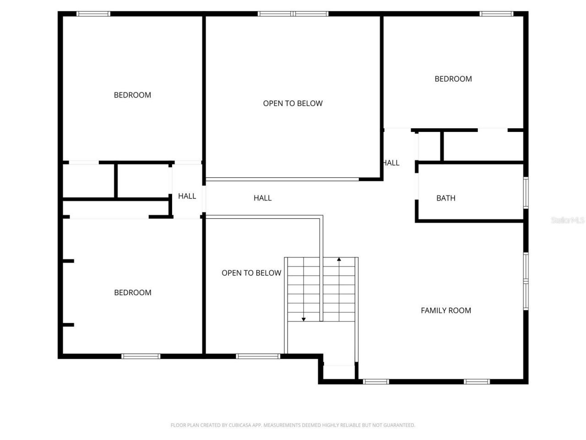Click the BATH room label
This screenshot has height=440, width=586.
(445, 198)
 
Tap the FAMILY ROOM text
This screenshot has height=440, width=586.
(445, 310)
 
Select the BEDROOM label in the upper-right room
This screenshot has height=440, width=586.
(453, 79)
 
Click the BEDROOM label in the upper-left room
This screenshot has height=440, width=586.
(132, 95)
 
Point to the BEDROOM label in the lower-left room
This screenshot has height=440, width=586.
(132, 292)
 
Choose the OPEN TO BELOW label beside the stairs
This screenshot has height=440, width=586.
(251, 273)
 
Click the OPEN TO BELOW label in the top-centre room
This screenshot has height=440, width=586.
(293, 104)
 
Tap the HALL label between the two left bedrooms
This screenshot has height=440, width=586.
(187, 196)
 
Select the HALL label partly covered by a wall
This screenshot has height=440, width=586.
(392, 163)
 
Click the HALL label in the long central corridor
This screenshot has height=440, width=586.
(262, 198)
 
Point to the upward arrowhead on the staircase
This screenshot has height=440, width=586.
(339, 260)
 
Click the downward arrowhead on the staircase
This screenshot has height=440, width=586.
(304, 319)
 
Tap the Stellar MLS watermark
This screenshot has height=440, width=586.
(567, 220)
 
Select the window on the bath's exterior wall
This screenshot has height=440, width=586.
(526, 192)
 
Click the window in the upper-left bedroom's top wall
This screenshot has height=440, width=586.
(93, 14)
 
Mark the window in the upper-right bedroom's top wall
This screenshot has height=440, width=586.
(497, 14)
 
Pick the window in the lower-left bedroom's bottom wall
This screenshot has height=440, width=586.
(141, 356)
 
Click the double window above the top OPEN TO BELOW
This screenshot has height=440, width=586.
(293, 14)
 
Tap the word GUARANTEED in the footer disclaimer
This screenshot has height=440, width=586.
(400, 425)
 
